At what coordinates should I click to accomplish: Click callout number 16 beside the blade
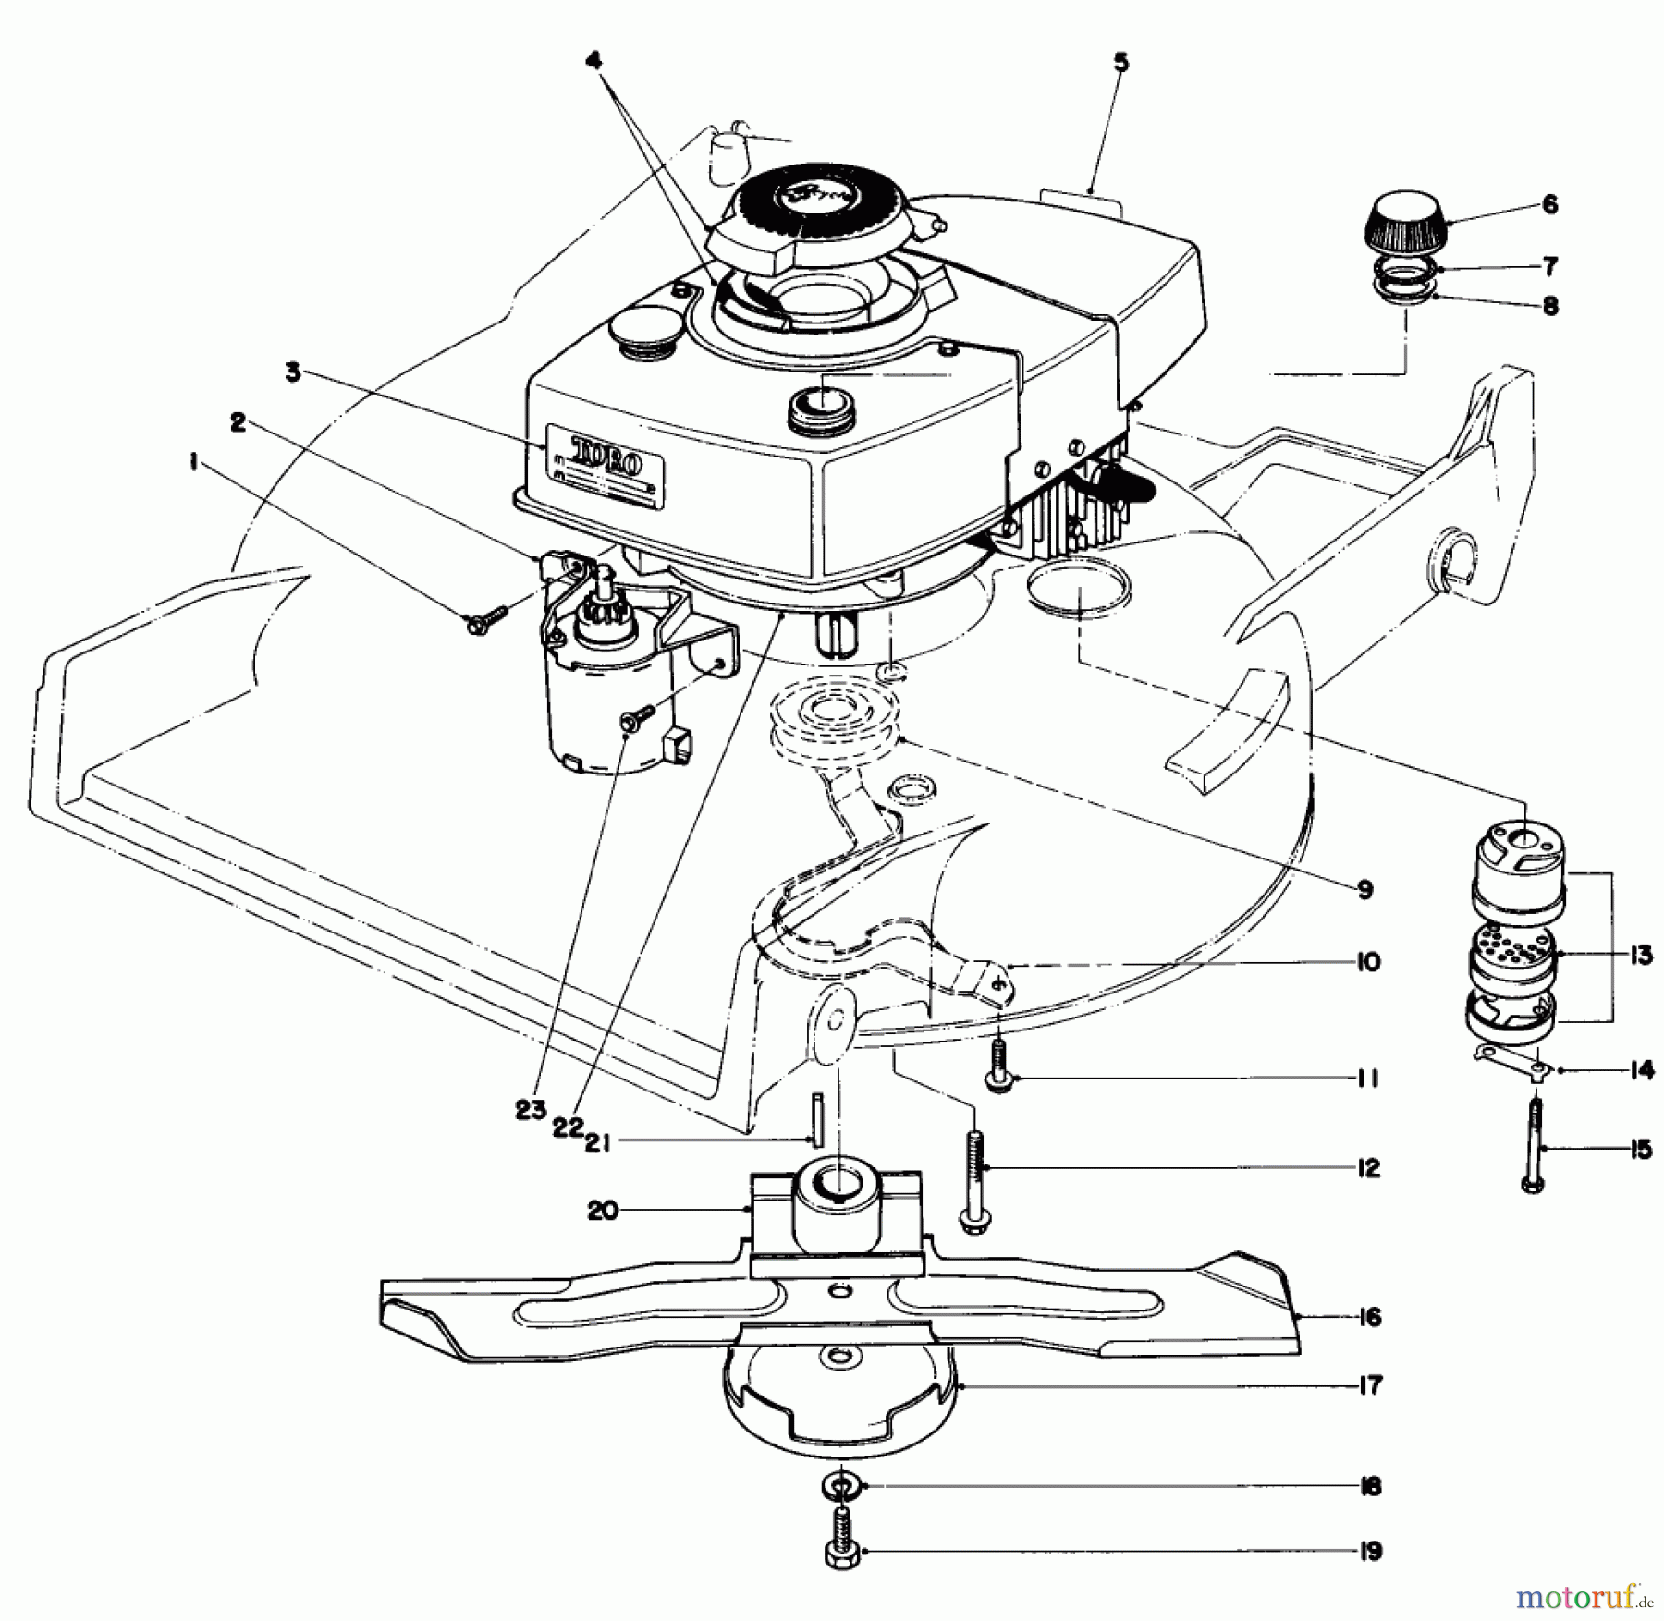coord(1370,1317)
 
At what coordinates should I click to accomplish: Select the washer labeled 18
coord(840,1486)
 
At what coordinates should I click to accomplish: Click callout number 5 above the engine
coord(1120,64)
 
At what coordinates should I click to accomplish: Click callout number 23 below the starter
coord(532,1111)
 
